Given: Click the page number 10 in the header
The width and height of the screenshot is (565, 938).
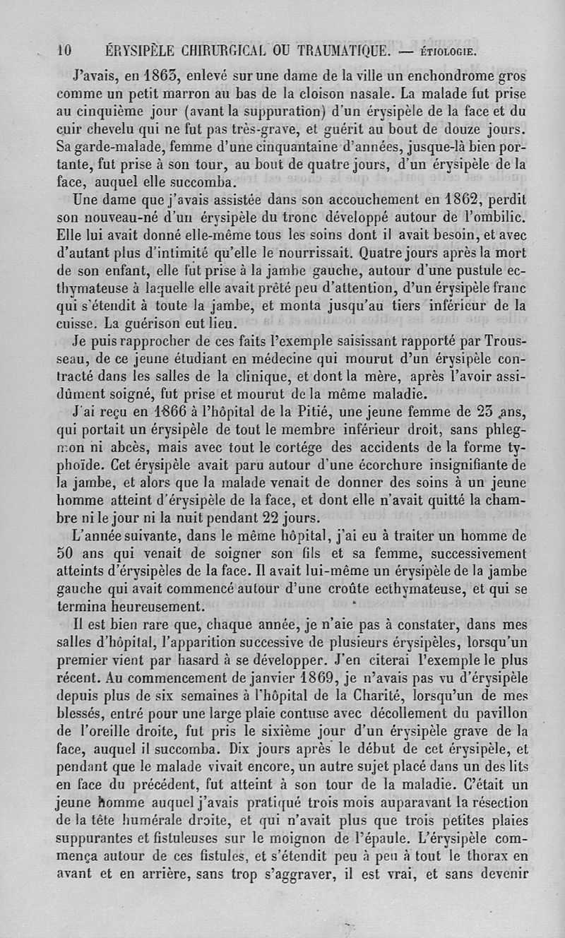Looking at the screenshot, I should click(x=64, y=50).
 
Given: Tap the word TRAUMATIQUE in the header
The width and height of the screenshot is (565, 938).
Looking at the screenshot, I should click(x=334, y=50).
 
